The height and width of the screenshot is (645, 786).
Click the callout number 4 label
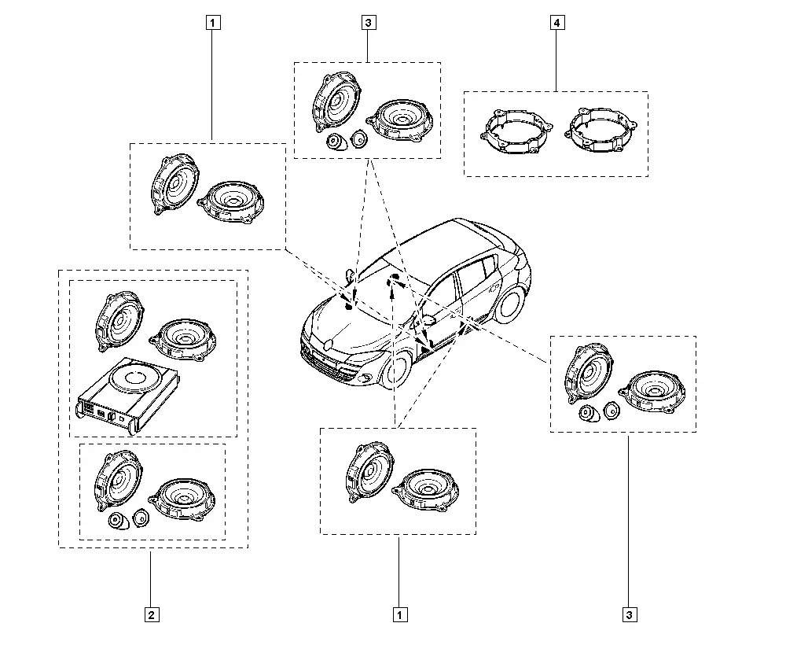point(557,23)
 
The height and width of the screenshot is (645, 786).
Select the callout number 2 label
point(152,615)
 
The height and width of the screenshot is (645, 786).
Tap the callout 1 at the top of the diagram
point(212,23)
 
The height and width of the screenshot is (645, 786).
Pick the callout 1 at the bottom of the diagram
point(399,615)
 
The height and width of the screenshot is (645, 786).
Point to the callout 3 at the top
point(369,23)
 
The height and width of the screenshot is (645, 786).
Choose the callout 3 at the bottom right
point(630,615)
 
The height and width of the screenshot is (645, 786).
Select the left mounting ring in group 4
point(516,132)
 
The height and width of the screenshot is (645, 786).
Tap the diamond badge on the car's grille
point(329,345)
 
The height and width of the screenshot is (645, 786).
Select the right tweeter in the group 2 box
point(141,517)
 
